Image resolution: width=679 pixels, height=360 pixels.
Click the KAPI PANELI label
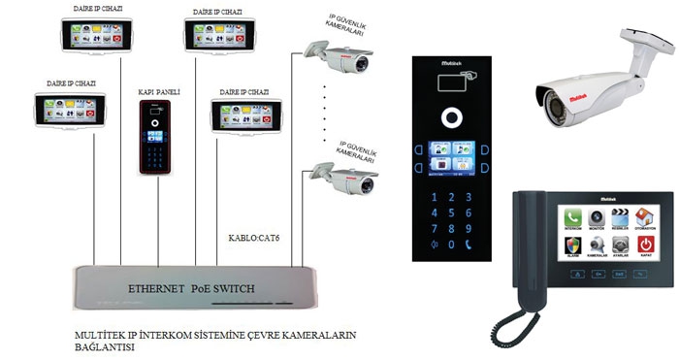tap(155, 95)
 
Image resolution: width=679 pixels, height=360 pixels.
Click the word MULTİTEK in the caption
tap(100, 335)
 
